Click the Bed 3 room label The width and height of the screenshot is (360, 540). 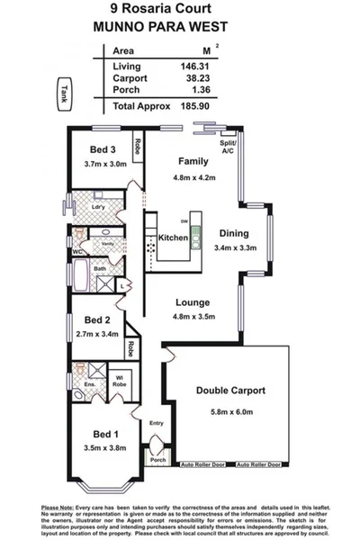point(101,149)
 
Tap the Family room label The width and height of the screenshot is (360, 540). point(193,162)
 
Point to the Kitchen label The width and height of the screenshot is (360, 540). point(173,238)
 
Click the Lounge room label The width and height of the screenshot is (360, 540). point(193,302)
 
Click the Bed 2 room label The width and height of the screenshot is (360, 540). point(97,319)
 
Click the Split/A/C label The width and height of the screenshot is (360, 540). point(229,147)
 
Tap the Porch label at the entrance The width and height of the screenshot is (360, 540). point(158,461)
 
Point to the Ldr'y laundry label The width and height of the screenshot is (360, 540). point(99,206)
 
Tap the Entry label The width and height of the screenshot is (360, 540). point(157,423)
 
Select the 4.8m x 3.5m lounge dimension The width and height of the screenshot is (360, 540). point(193,317)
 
